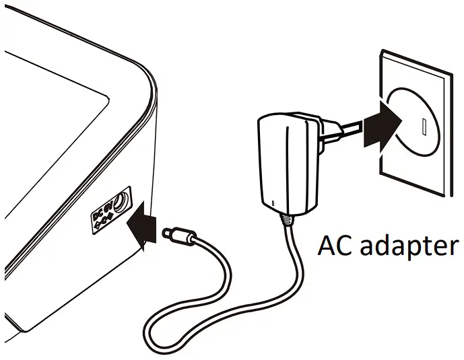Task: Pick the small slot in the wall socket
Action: (424, 126)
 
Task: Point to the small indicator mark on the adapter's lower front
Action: (273, 201)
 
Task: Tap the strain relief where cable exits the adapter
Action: (288, 219)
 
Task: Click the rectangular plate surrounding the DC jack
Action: (112, 209)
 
